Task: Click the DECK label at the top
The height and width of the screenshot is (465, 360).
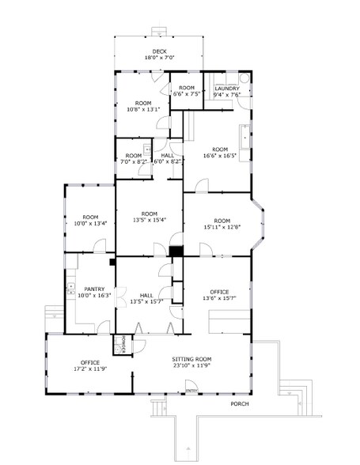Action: (160, 51)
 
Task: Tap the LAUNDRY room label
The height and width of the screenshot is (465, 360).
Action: (227, 88)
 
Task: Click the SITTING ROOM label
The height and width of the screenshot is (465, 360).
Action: (193, 359)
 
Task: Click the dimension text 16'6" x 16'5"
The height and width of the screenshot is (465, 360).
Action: (219, 156)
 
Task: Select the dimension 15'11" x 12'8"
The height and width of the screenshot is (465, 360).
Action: (221, 227)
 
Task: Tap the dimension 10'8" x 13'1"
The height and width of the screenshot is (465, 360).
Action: (143, 109)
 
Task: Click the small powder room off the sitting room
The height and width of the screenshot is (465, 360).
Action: (123, 345)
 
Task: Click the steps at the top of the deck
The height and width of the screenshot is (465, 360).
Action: (160, 32)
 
